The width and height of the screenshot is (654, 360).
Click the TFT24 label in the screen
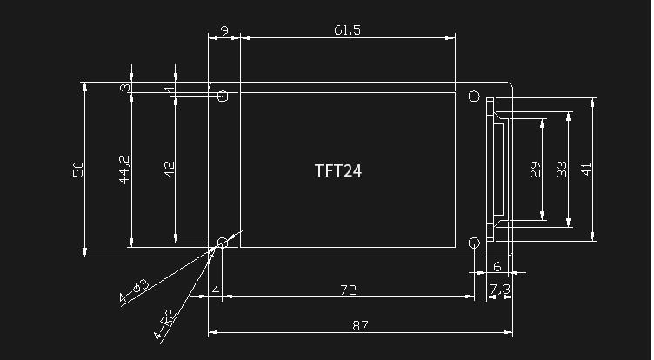(x=337, y=170)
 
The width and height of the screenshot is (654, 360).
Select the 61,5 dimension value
(x=347, y=30)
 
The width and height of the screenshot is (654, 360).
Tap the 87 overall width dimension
(x=360, y=325)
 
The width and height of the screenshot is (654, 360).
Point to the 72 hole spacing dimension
(x=348, y=290)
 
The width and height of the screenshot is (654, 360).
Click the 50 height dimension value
(x=78, y=170)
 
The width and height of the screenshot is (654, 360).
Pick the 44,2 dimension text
(x=124, y=170)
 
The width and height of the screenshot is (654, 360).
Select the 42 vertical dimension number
(x=170, y=170)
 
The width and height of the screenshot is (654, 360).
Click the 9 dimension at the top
(x=224, y=30)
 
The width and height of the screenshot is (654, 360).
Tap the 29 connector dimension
(x=535, y=170)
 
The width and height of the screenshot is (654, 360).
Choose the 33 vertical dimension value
(x=562, y=170)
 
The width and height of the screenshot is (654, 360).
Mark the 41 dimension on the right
(x=586, y=170)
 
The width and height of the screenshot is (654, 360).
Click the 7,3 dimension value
(x=500, y=289)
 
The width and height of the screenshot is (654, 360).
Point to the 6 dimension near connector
(x=497, y=266)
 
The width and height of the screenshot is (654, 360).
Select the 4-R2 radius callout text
(x=163, y=324)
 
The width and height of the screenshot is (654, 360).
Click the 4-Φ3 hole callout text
(x=133, y=290)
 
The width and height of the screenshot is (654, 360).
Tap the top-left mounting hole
(x=224, y=97)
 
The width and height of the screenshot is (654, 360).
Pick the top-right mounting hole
(x=474, y=97)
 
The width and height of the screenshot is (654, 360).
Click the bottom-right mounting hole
(x=474, y=243)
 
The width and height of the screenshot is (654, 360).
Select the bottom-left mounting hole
(x=224, y=243)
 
